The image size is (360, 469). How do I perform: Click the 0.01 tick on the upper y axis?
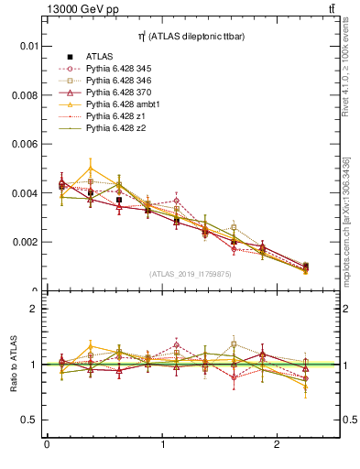[28, 46]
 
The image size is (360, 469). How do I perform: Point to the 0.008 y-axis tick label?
[25, 95]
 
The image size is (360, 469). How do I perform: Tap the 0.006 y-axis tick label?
[25, 145]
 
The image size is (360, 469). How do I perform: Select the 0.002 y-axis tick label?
[25, 243]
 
